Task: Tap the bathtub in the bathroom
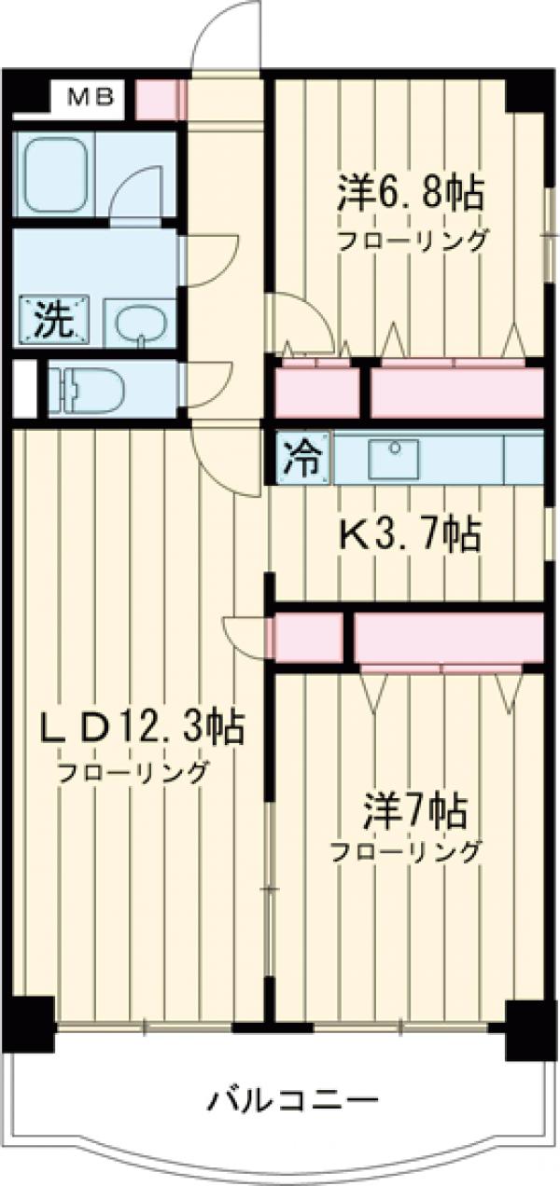pyautogui.click(x=56, y=173)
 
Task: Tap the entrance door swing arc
pyautogui.click(x=224, y=37)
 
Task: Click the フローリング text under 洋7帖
pyautogui.click(x=405, y=851)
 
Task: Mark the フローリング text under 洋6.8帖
pyautogui.click(x=412, y=241)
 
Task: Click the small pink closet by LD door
pyautogui.click(x=306, y=636)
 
